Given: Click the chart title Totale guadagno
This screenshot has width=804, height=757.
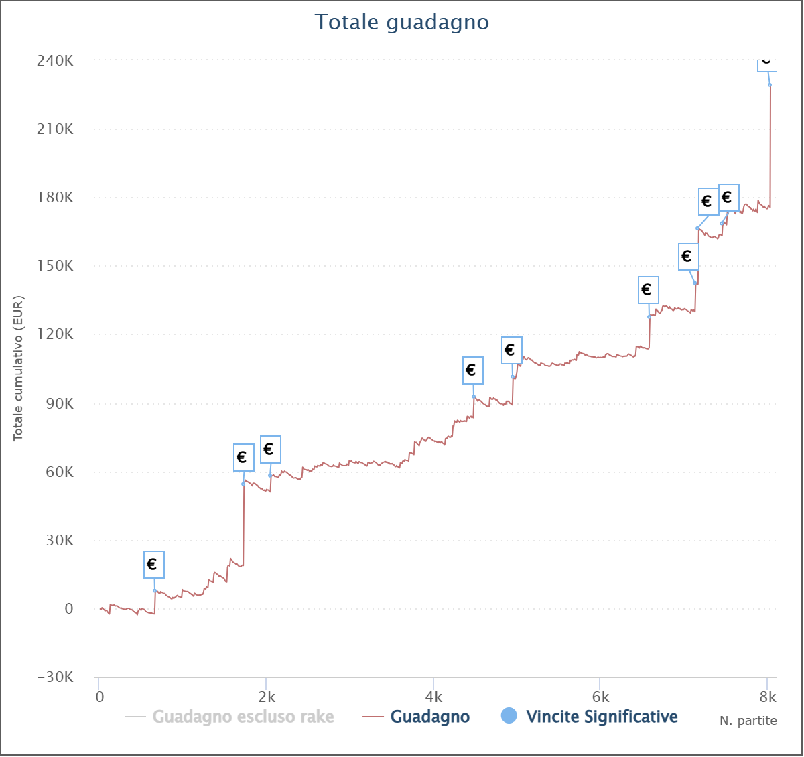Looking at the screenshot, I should [402, 22].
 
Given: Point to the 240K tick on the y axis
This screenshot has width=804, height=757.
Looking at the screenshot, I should [55, 60].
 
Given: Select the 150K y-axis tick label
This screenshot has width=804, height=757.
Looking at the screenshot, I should [55, 266].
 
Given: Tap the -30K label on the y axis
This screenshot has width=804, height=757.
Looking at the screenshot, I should [55, 677].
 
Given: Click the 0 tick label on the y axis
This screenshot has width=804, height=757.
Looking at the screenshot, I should [68, 609].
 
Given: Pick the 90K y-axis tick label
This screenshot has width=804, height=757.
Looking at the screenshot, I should [59, 403].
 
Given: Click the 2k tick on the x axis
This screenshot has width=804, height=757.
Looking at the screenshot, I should [267, 697].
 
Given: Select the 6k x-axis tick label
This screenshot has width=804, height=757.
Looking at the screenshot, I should [601, 697].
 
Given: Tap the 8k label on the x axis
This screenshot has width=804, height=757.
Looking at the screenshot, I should [768, 697].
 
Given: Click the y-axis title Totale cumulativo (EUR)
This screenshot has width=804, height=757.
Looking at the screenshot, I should [19, 368].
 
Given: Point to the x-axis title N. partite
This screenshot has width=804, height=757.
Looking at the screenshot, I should [748, 721].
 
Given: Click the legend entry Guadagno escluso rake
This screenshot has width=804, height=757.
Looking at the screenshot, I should [243, 717].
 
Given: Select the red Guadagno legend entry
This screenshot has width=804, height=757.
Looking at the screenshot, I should [429, 717].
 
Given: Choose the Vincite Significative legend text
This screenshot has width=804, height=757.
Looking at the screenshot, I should [602, 717].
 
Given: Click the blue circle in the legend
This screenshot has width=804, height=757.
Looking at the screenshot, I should [509, 716].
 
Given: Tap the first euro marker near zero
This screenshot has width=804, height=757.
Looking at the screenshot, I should [153, 565].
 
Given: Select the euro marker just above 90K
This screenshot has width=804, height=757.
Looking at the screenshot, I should [472, 370].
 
